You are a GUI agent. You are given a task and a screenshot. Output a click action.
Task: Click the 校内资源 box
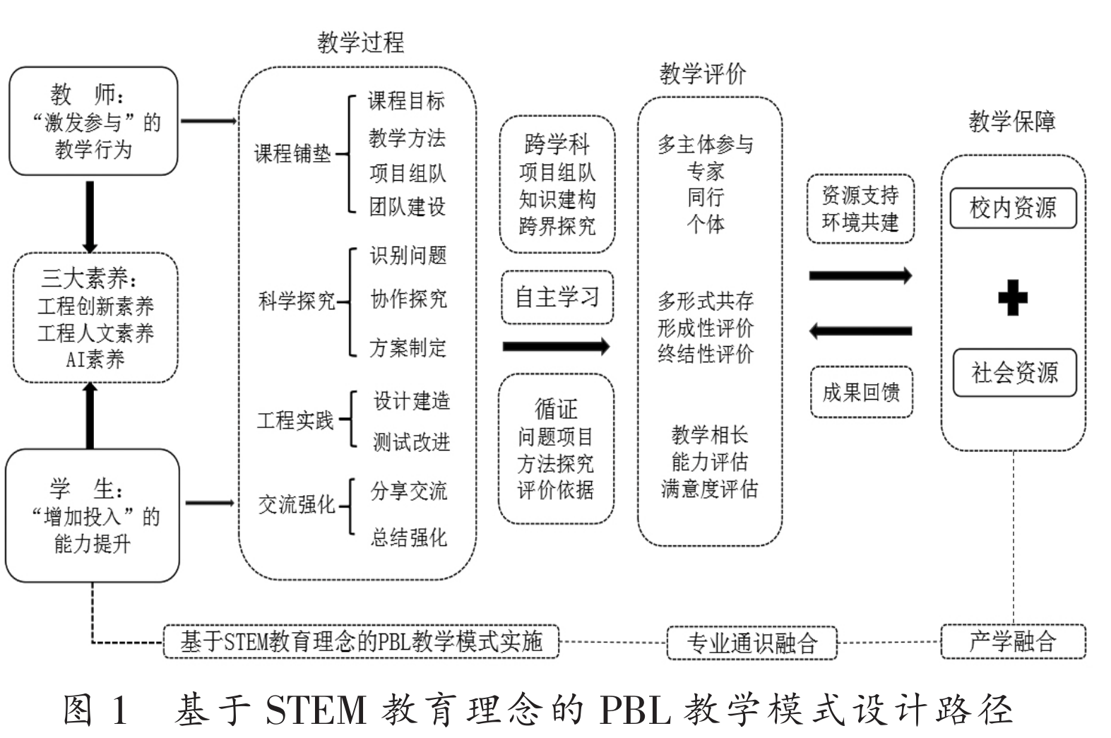point(1012,208)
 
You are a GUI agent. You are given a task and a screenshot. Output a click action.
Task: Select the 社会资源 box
point(1014,372)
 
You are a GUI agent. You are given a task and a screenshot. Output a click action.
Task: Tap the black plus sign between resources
point(1012,297)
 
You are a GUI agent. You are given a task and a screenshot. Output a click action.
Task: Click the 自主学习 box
point(557,297)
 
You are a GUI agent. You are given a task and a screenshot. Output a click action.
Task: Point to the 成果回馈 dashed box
point(861,392)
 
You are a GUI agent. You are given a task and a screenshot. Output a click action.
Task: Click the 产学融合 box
point(1012,641)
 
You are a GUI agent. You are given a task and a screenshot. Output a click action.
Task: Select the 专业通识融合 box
point(751,642)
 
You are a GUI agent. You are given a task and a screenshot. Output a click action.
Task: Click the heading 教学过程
point(360,42)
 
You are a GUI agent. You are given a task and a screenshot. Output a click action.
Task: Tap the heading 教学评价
point(703,73)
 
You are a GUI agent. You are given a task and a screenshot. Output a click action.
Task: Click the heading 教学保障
point(1011,121)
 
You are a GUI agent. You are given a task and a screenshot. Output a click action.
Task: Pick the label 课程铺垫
point(292,153)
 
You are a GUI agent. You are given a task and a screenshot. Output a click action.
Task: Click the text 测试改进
point(411,443)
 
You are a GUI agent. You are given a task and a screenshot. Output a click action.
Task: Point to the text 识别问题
point(408,256)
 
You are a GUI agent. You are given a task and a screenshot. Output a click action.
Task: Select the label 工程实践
point(295,421)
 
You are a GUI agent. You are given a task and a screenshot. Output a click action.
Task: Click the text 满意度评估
point(709,489)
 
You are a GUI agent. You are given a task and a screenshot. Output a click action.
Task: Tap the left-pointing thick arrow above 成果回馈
point(860,331)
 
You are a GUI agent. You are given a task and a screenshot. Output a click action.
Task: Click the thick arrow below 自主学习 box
point(555,346)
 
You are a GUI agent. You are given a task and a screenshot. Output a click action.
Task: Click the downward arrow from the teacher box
point(90,216)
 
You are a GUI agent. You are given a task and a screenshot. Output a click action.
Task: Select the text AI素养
point(95,359)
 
